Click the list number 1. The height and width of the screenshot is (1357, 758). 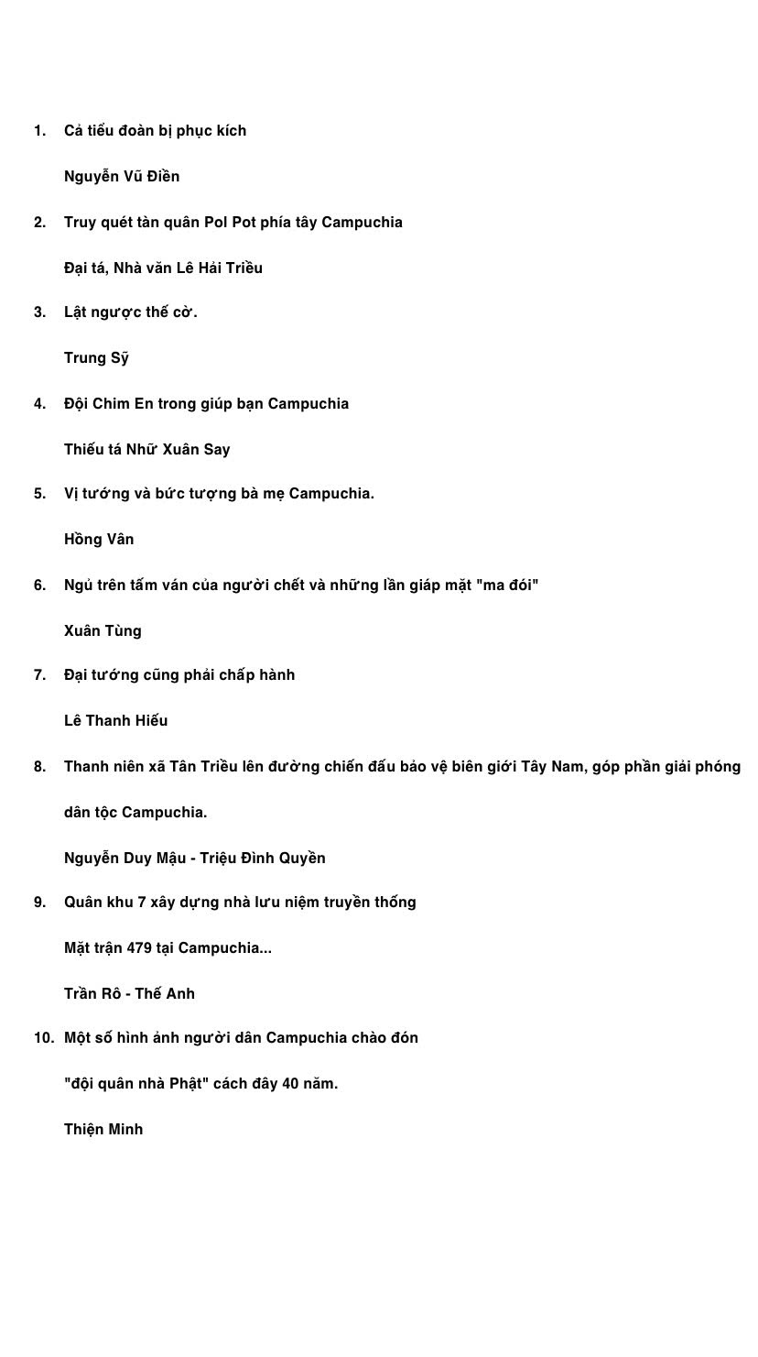(39, 131)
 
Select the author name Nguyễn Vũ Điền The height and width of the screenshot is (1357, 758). (122, 177)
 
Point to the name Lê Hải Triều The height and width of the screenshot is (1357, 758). (220, 268)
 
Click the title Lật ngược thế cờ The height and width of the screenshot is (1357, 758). (130, 312)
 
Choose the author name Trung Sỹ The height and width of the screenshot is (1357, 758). (96, 358)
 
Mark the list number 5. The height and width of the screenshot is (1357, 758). (39, 494)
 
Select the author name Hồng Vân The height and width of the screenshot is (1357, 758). (99, 540)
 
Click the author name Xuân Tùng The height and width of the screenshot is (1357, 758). (103, 631)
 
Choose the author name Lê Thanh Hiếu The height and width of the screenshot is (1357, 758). (115, 721)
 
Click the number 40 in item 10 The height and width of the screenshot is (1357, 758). (290, 1084)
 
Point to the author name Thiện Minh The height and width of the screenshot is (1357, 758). (103, 1130)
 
